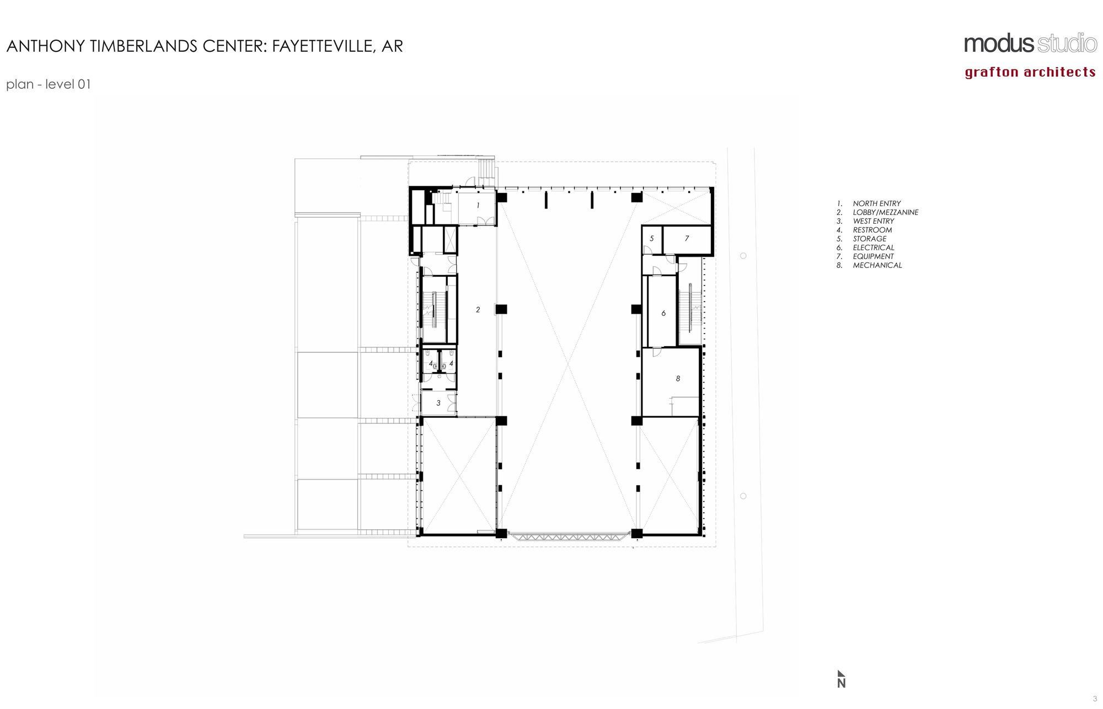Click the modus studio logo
[x=1030, y=44]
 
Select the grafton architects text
[x=1030, y=72]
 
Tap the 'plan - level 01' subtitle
[x=49, y=84]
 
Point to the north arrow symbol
[x=841, y=679]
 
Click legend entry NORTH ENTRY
[x=876, y=203]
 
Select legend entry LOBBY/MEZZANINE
[x=885, y=212]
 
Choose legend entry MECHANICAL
[x=877, y=265]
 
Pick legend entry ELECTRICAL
[x=873, y=248]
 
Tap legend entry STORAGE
[x=869, y=239]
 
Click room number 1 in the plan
[x=478, y=205]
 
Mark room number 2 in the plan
[x=478, y=310]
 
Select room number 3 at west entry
[x=438, y=403]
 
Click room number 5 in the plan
[x=652, y=239]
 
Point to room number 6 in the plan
[x=663, y=313]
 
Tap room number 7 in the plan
[x=687, y=239]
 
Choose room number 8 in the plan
[x=678, y=378]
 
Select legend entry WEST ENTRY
[x=873, y=221]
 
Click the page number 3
[x=1095, y=699]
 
